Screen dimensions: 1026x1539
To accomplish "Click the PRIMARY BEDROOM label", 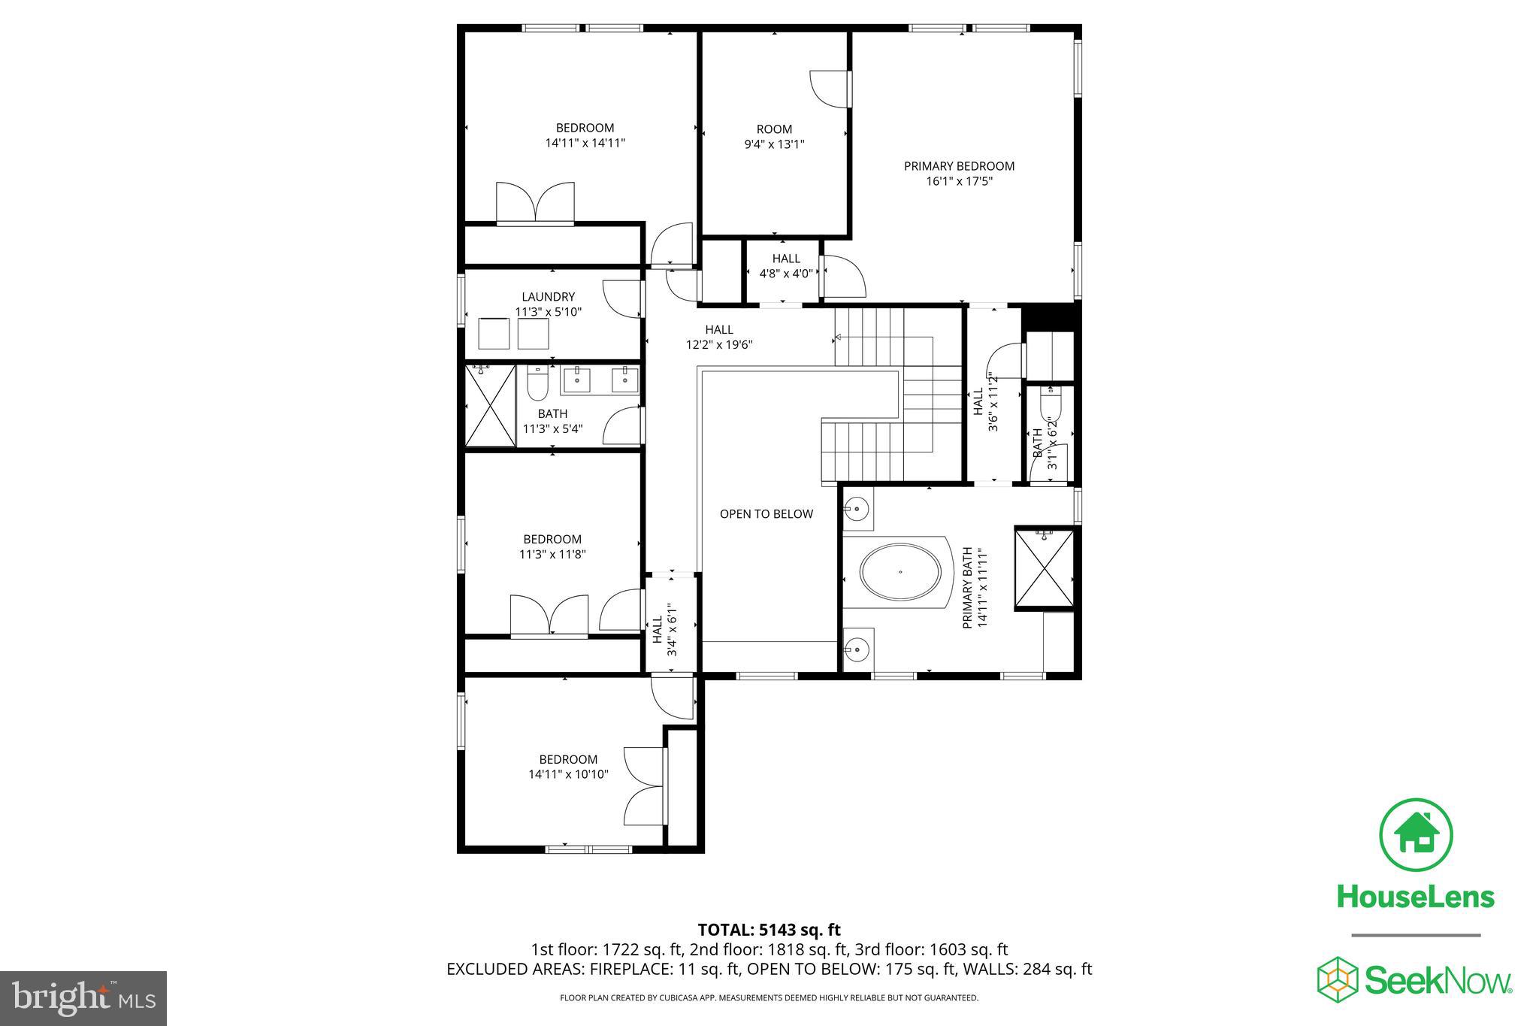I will tap(959, 166).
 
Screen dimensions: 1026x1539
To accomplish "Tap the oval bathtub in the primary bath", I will tap(900, 573).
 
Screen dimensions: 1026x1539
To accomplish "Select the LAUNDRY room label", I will tap(549, 297).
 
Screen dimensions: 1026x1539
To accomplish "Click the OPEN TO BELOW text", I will tap(766, 514).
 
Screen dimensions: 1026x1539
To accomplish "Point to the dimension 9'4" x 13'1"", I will tap(774, 144).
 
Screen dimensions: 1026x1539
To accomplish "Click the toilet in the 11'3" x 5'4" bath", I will tap(537, 384).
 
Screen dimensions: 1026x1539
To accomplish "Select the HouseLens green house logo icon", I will tap(1416, 835).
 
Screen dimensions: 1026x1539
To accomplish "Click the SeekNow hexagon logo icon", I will tap(1337, 979).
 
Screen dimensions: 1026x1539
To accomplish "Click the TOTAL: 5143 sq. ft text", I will tap(769, 930).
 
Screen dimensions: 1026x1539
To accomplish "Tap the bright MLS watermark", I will tap(83, 998).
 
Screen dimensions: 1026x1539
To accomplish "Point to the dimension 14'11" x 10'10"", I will tap(568, 774).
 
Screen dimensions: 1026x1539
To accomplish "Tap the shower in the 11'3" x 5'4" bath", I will tap(490, 405).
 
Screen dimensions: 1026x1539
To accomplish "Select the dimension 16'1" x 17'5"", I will tap(959, 181).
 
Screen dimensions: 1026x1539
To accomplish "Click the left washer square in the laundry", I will tap(494, 334).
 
